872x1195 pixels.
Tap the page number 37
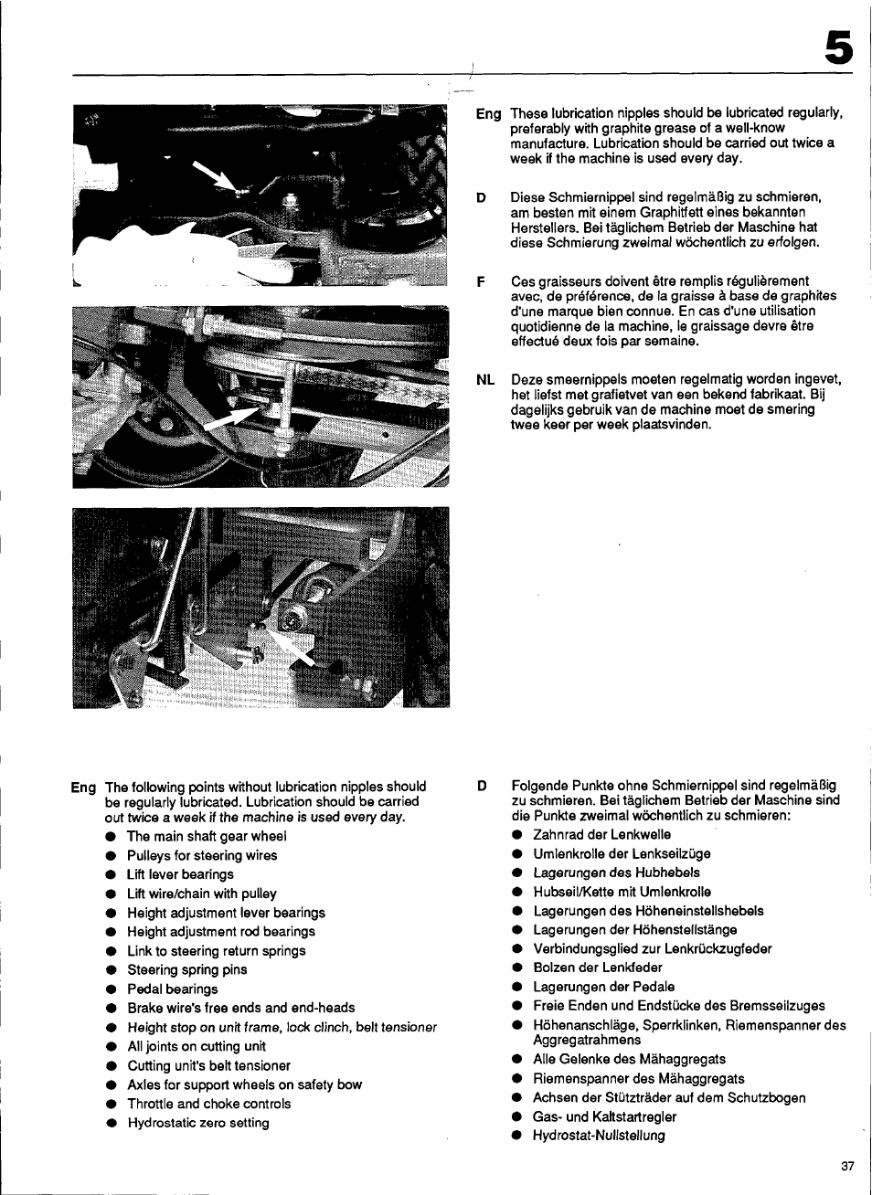click(x=847, y=1166)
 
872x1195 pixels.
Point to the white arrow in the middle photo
click(x=232, y=418)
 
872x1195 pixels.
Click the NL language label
click(x=485, y=379)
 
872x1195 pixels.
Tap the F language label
click(x=481, y=281)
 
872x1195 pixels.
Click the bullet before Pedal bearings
click(x=110, y=989)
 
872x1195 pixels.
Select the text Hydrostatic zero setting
click(x=198, y=1123)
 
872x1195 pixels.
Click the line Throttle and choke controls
click(x=209, y=1104)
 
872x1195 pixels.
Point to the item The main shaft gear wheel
click(x=207, y=836)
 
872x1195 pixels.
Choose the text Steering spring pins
click(x=187, y=969)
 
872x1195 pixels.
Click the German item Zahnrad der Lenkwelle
click(x=601, y=834)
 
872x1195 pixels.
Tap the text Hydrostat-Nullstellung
click(x=599, y=1136)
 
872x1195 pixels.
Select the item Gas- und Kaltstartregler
click(x=604, y=1116)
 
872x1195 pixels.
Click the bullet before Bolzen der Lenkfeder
click(x=516, y=968)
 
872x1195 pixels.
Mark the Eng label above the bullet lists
click(x=83, y=788)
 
